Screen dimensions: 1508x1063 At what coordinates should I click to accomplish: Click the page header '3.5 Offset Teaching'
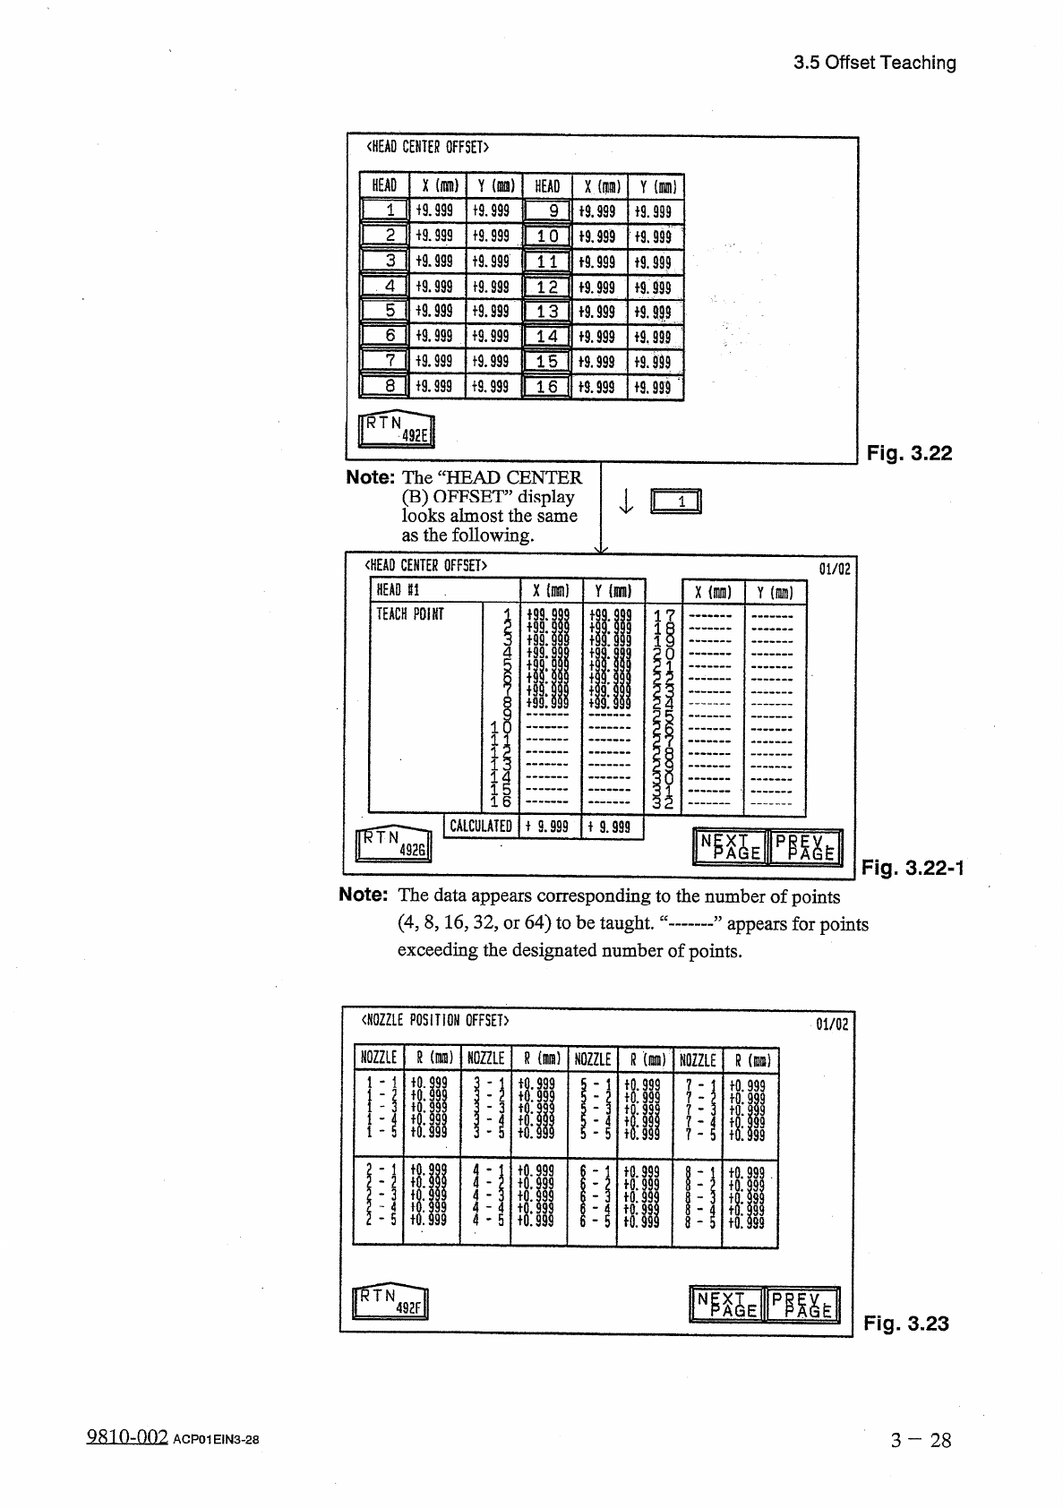click(875, 63)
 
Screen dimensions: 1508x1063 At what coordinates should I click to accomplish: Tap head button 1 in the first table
click(385, 211)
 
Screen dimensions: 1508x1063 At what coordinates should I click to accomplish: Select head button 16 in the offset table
click(546, 387)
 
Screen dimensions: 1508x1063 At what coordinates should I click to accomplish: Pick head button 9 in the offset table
click(546, 211)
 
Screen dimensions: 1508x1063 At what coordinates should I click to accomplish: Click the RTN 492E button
click(395, 430)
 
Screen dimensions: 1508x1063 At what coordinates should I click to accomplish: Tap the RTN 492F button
click(391, 1302)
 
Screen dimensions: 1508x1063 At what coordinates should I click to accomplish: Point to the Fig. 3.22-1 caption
click(911, 867)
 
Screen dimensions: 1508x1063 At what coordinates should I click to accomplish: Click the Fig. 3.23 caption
click(905, 1323)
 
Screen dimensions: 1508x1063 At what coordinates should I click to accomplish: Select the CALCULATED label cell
click(481, 827)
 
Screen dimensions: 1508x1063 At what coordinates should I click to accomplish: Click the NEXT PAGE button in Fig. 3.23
click(724, 1305)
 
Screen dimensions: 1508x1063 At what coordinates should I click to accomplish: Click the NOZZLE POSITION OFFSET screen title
click(434, 1021)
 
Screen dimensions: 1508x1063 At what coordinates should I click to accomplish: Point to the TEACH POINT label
click(409, 614)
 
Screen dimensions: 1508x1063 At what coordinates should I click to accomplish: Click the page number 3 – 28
click(921, 1440)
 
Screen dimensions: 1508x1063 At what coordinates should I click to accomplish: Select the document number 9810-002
click(127, 1438)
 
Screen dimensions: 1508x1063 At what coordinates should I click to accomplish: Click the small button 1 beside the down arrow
click(677, 502)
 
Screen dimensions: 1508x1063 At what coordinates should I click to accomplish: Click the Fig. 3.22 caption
click(908, 453)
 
